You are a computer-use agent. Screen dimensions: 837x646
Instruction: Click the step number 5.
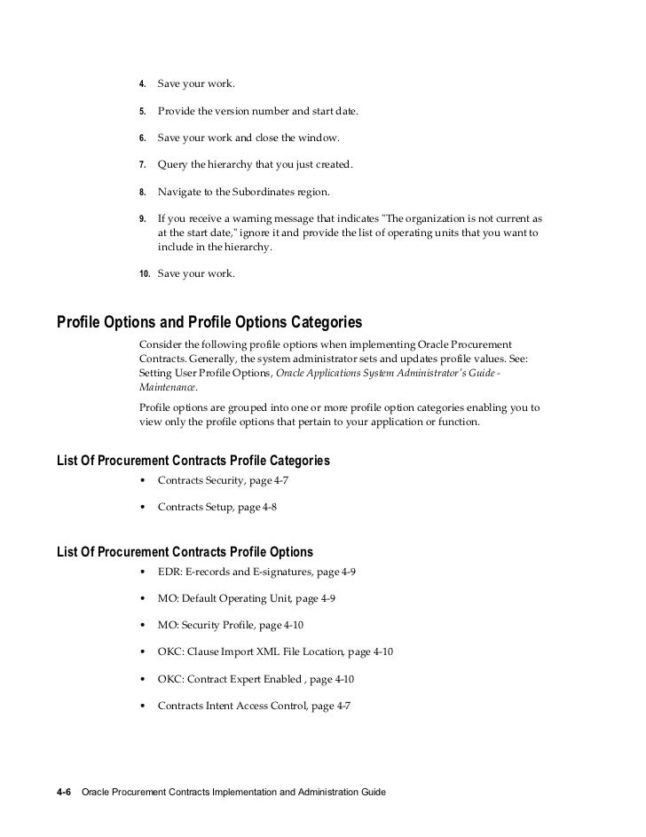click(x=143, y=112)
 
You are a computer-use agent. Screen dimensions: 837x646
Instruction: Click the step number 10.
click(x=146, y=273)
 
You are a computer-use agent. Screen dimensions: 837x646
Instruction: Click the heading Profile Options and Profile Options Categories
click(x=209, y=320)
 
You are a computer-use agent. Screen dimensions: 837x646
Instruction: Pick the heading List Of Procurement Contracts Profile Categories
click(x=193, y=461)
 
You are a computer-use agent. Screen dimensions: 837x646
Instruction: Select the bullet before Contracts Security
click(x=144, y=482)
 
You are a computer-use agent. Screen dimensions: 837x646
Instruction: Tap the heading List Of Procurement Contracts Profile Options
click(x=184, y=552)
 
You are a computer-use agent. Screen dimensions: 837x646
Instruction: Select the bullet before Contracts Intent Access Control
click(x=144, y=707)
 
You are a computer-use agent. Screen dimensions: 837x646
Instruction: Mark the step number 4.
click(x=143, y=85)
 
